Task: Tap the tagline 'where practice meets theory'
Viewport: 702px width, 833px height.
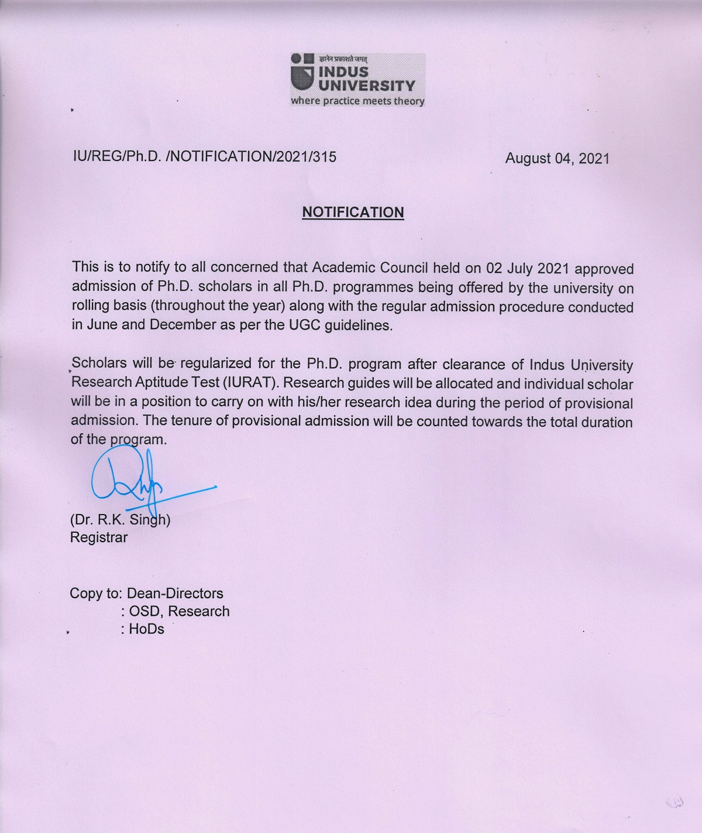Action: [x=357, y=101]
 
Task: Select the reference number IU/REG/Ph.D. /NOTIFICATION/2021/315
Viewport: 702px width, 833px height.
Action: [x=204, y=157]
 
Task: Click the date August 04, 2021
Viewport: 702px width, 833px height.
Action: [x=558, y=158]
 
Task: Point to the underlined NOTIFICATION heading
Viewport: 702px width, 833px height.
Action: [x=353, y=212]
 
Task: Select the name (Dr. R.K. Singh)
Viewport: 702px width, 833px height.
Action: [x=120, y=520]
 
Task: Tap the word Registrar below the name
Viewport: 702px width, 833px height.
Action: [x=99, y=537]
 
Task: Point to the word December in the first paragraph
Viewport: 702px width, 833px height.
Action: [x=183, y=325]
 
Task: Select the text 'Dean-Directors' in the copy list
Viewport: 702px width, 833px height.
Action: [x=175, y=593]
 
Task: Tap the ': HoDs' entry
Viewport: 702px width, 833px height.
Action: [x=143, y=629]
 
